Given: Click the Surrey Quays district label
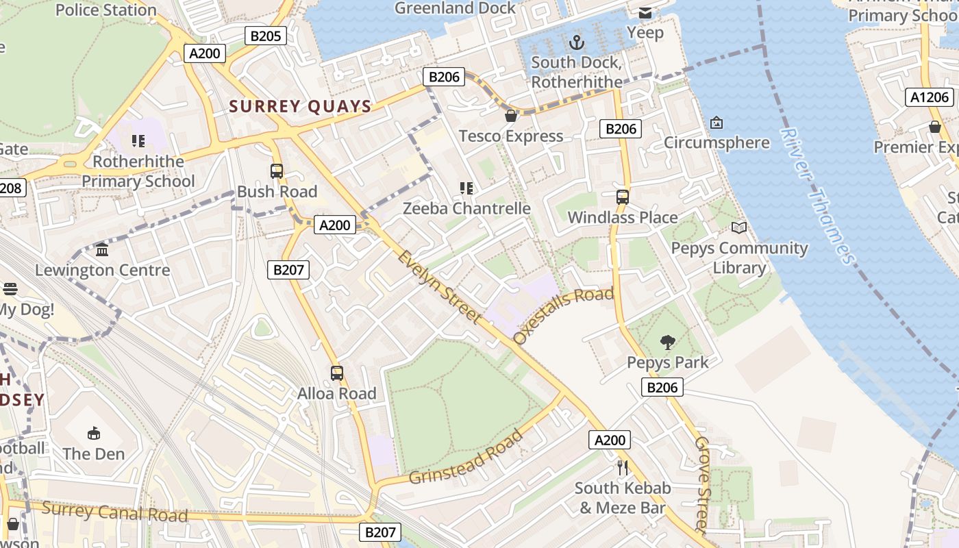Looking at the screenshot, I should point(300,106).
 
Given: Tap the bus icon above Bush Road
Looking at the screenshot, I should point(277,171).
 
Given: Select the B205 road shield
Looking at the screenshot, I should point(265,36).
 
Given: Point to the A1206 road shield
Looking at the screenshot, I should point(930,97).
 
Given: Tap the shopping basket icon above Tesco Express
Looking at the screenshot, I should point(511,116).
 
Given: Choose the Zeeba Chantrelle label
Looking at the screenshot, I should point(466,208).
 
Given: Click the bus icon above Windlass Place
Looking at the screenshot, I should point(622,197).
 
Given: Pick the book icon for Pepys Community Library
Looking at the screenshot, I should point(739,227).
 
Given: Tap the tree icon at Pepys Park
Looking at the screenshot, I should point(667,342).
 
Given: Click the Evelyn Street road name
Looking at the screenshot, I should point(438,286).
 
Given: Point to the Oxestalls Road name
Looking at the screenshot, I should point(563,316).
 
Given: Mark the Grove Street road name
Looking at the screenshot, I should point(703,484).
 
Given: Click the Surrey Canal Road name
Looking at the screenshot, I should point(114,512).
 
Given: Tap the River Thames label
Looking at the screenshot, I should point(818,196).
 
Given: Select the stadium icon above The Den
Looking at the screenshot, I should point(94,433).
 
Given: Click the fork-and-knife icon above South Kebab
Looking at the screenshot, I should point(622,468).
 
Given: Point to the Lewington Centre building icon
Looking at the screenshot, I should point(102,249).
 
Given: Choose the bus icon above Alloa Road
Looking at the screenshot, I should point(336,373).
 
